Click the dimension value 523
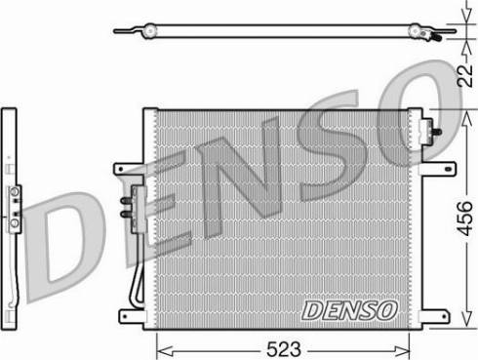(284, 349)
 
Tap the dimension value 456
(464, 219)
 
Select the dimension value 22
(465, 75)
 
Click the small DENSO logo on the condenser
(349, 310)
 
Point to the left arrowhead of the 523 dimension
(164, 351)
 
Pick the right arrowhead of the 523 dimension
(402, 351)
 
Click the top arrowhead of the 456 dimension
(467, 120)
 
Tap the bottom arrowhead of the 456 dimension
(467, 318)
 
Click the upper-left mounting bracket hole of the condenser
(121, 169)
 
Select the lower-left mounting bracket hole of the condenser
(125, 316)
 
